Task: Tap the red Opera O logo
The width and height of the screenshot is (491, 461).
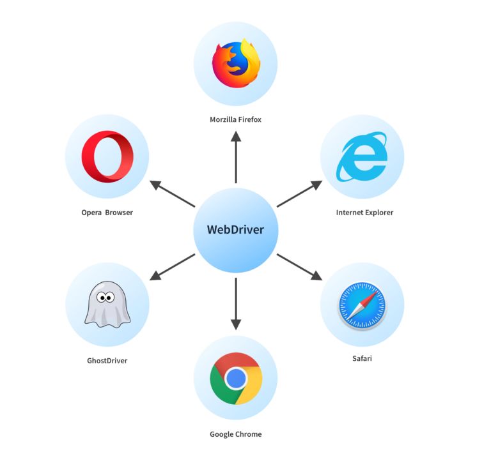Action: tap(107, 156)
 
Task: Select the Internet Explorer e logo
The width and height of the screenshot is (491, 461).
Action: tap(362, 156)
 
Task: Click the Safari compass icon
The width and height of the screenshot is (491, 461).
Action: tap(362, 305)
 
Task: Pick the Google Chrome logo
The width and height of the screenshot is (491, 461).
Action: tap(235, 379)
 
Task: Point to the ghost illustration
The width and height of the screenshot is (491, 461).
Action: tap(107, 305)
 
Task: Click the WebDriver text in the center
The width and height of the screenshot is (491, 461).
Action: tap(235, 230)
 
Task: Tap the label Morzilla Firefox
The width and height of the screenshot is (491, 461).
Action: tap(235, 119)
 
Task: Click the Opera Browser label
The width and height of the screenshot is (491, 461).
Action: tap(107, 213)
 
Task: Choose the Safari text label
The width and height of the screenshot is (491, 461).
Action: tap(362, 358)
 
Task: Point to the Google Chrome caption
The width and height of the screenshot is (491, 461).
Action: tap(235, 434)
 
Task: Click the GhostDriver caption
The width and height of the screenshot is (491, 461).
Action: tap(107, 361)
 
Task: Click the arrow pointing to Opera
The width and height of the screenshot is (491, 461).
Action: tap(172, 194)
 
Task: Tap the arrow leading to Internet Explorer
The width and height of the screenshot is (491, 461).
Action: tap(299, 193)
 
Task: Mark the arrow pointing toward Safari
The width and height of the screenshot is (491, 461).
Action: tap(299, 267)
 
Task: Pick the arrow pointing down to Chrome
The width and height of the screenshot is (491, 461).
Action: tap(235, 303)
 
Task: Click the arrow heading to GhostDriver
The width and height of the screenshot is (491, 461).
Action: tap(172, 267)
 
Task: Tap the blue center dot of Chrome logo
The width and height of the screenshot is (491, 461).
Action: tap(235, 379)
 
